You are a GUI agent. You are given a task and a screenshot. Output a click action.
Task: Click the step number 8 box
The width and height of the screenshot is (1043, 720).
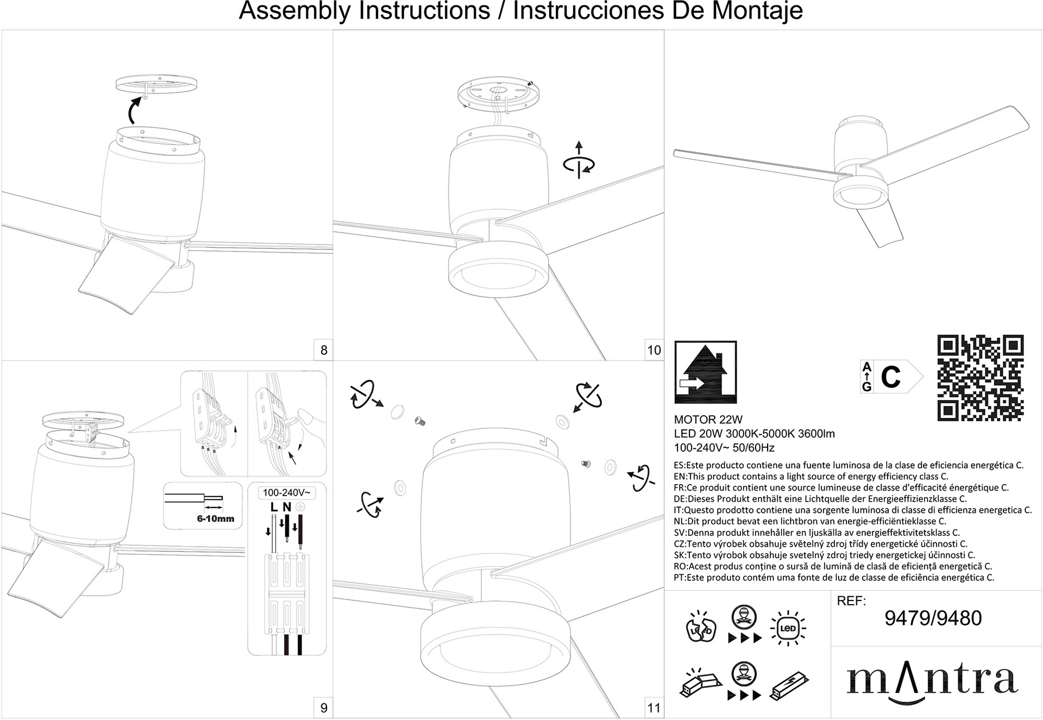tap(324, 350)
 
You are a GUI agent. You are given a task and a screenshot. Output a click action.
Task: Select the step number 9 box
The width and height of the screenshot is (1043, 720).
tap(324, 708)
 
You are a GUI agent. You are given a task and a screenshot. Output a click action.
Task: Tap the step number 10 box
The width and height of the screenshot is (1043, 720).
tap(654, 350)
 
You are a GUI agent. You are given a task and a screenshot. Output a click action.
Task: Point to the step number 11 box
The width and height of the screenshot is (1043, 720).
tap(654, 708)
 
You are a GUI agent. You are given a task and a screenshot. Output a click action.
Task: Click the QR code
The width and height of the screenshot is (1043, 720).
tap(980, 378)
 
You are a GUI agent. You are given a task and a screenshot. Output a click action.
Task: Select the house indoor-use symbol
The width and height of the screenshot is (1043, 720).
tap(705, 372)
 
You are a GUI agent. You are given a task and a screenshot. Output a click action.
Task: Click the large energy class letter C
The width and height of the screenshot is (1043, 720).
tap(891, 377)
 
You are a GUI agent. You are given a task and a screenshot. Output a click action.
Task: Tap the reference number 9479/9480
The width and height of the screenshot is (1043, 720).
tap(933, 618)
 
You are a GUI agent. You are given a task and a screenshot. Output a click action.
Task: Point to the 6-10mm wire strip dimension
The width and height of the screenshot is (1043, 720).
tap(215, 518)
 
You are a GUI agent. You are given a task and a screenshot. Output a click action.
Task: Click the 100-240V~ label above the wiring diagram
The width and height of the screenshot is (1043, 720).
tap(286, 493)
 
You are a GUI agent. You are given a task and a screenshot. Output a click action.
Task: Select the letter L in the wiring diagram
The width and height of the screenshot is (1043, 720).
tap(274, 507)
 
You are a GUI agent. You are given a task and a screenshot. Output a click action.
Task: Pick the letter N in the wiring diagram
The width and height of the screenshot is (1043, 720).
tap(287, 507)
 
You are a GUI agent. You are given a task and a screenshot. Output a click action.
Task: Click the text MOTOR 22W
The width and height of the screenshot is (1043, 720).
tap(708, 420)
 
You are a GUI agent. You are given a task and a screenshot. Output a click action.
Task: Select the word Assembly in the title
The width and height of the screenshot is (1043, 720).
tap(296, 11)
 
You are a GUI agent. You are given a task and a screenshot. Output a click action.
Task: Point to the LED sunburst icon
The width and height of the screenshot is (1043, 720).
tap(788, 629)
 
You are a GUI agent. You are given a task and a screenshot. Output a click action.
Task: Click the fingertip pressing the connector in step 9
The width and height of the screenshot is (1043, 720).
tap(308, 420)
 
